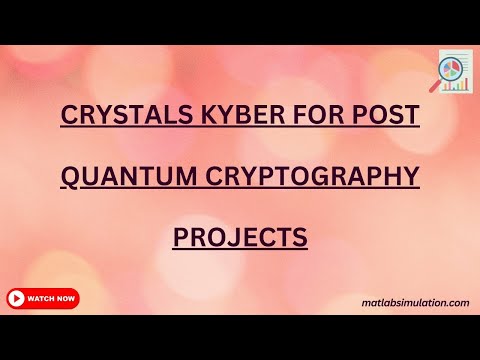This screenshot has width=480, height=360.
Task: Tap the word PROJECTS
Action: point(240,239)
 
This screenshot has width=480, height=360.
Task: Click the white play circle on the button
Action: point(16,298)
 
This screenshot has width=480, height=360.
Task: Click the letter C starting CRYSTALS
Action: point(69,114)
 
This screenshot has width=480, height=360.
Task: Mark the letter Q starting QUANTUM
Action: point(70,177)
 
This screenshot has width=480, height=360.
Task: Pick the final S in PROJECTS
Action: point(298,239)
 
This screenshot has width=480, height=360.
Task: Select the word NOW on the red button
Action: point(65,298)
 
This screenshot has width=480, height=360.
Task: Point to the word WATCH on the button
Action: point(41,298)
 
